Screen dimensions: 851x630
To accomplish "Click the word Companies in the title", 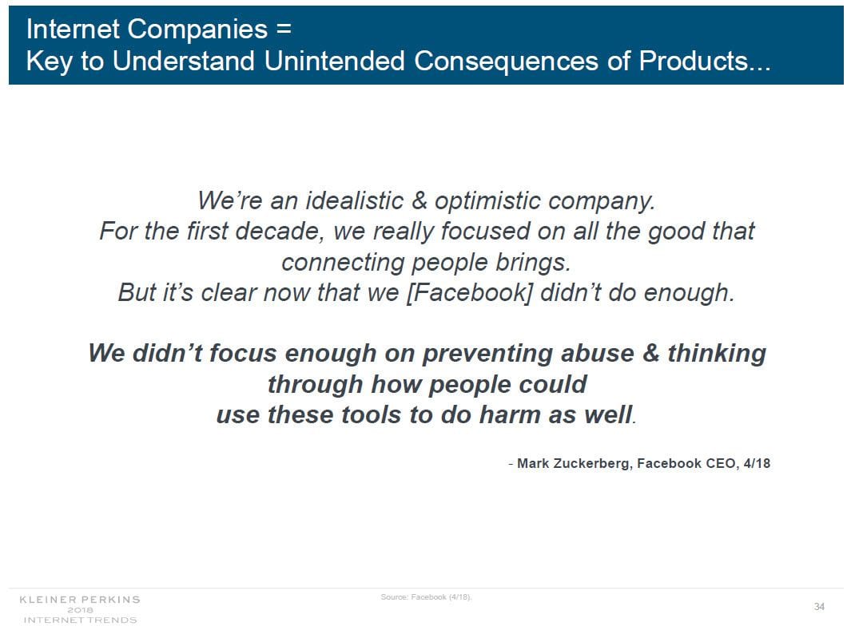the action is click(197, 30).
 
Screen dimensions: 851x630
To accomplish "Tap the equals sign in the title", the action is click(284, 28).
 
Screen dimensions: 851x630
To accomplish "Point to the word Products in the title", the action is click(694, 60).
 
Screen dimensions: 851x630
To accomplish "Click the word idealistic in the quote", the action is click(355, 200).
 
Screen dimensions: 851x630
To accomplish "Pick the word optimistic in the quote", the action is click(488, 201).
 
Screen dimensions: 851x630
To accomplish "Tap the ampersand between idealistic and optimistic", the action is click(420, 200).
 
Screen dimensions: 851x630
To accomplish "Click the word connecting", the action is click(343, 263).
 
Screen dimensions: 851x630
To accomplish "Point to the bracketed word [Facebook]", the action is click(470, 293).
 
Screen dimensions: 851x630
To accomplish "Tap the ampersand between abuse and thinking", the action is click(650, 353).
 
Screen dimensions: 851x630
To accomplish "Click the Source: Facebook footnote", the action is click(426, 597).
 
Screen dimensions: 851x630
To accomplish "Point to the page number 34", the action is click(820, 607).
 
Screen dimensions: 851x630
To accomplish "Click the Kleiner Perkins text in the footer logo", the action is click(80, 600).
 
